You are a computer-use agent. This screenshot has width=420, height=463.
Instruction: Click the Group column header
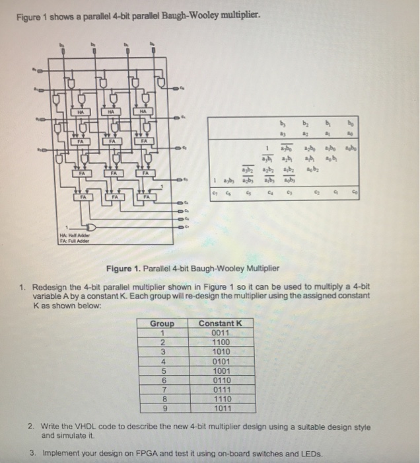162,323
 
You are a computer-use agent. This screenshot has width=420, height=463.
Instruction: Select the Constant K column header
221,323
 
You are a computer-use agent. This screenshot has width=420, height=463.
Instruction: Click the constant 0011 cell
220,333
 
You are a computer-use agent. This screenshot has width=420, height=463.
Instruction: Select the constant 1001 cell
220,371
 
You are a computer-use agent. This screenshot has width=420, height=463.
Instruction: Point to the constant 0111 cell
220,390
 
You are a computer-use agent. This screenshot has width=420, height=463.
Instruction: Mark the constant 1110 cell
220,400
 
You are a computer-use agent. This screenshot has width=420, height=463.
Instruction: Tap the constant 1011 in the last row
220,409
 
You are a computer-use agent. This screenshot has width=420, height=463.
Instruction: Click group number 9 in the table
162,409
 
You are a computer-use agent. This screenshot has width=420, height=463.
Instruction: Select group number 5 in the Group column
162,371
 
